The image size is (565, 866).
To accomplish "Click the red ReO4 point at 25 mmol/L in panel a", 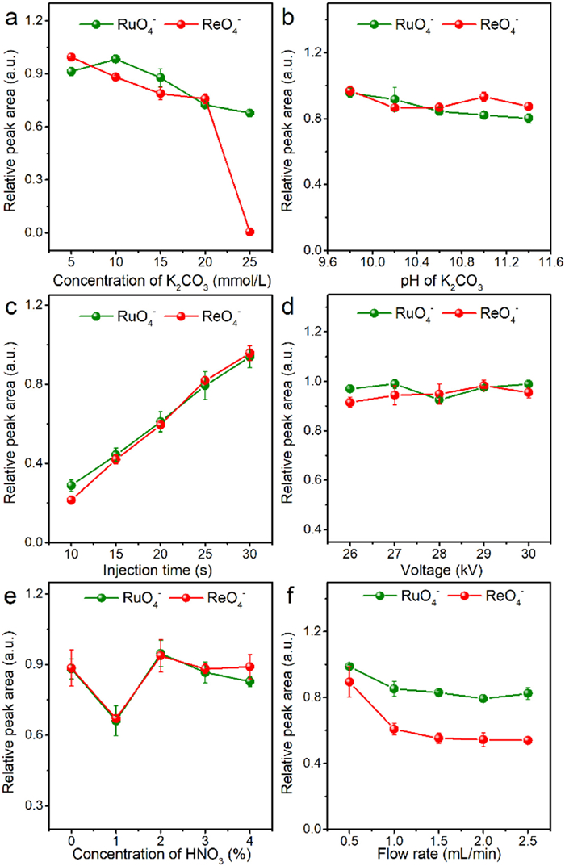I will pyautogui.click(x=249, y=232).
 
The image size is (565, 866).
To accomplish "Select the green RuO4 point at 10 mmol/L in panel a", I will pyautogui.click(x=116, y=59).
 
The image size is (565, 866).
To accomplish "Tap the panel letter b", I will pyautogui.click(x=295, y=14).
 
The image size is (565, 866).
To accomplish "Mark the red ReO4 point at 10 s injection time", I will pyautogui.click(x=71, y=500).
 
